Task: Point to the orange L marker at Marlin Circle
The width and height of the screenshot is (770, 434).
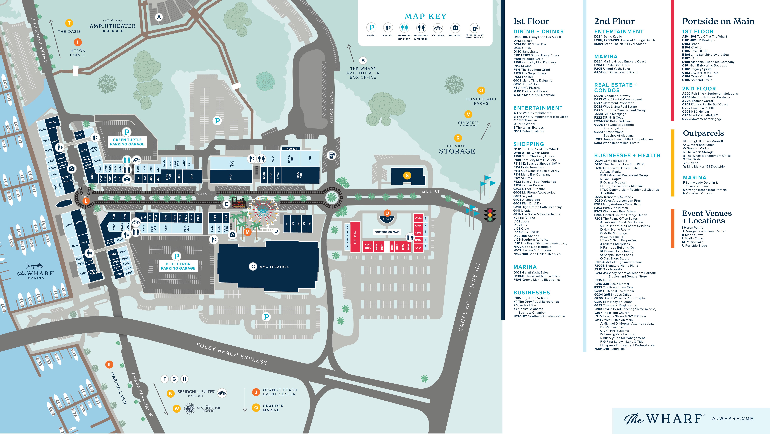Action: (86, 201)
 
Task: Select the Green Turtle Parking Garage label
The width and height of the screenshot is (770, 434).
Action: (127, 142)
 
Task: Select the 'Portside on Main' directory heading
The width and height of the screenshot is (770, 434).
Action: (718, 21)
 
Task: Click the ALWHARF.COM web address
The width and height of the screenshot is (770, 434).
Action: (733, 418)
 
